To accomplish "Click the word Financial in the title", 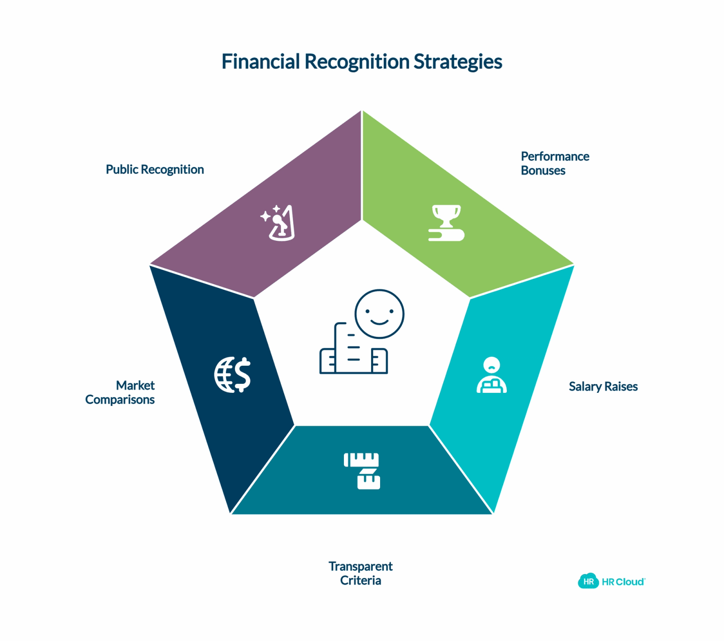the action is pos(261,61).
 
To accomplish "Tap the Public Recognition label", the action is pos(155,170).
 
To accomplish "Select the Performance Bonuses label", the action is pos(555,163).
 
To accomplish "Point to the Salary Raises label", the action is pos(603,386).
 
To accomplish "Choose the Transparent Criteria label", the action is pos(361,573).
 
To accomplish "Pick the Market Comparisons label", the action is pos(120,392).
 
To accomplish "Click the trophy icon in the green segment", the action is pos(446,222).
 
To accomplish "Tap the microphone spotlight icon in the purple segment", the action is pos(278,223).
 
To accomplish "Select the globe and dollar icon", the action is pos(233,375).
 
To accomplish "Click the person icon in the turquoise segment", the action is pos(491,375).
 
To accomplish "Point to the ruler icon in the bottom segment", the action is pos(362,471).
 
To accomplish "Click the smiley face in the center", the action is pos(379,314).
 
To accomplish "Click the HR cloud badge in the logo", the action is pos(588,581).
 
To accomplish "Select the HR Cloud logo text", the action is pos(623,582).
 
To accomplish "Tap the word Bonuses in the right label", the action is pos(543,170).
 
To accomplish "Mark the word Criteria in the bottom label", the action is pos(361,580).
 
